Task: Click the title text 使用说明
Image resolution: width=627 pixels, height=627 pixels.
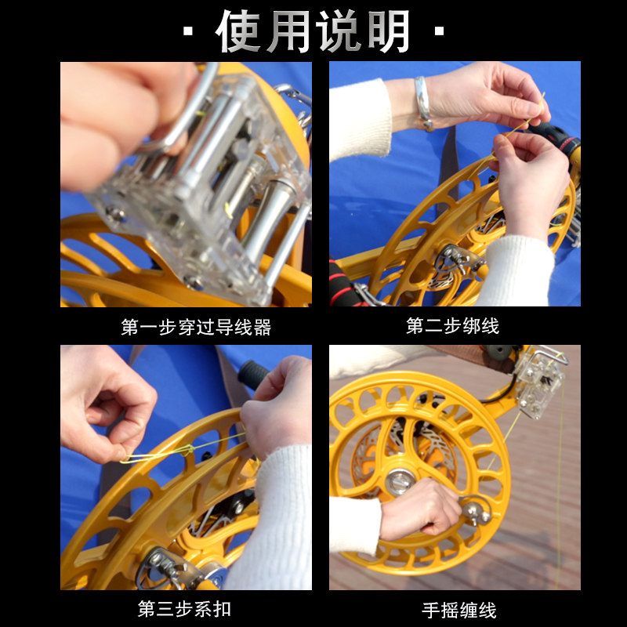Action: (313, 31)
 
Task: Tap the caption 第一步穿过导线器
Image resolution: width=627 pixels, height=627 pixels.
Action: (196, 327)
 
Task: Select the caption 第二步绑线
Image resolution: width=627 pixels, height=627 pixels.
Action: (452, 326)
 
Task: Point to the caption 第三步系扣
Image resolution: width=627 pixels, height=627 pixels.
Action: (184, 609)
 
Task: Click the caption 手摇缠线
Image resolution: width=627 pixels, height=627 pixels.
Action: (459, 611)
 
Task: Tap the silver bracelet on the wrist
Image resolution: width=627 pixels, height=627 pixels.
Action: (423, 103)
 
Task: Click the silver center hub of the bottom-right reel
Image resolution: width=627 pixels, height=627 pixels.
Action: (399, 481)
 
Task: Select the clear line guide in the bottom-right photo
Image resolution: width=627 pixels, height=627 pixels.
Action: (540, 382)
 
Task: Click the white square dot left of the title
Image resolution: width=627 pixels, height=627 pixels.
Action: (188, 31)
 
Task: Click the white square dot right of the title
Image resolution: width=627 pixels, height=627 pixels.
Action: (439, 31)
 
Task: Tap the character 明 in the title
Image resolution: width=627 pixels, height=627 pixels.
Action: (388, 31)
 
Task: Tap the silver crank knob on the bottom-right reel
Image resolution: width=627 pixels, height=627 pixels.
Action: (477, 511)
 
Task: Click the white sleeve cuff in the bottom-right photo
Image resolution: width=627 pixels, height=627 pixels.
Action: (355, 524)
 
